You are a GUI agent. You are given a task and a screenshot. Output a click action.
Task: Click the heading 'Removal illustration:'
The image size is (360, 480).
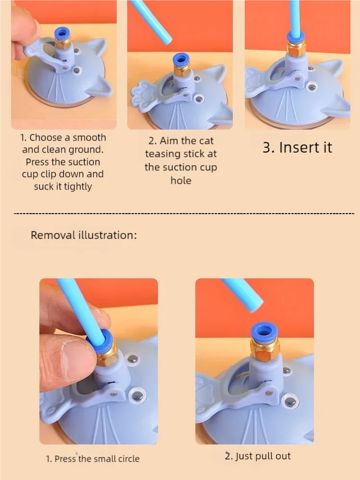click(84, 235)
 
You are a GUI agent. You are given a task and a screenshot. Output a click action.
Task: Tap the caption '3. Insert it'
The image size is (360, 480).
click(297, 147)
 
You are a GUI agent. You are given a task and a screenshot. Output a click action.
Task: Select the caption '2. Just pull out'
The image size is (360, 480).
click(258, 456)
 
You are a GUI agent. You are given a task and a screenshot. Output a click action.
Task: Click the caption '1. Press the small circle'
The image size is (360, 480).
click(93, 459)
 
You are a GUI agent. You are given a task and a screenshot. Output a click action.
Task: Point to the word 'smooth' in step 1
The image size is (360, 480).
click(89, 137)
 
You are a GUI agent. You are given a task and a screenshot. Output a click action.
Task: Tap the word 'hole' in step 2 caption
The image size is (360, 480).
click(180, 181)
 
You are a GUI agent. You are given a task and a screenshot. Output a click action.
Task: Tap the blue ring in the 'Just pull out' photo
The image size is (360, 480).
click(264, 332)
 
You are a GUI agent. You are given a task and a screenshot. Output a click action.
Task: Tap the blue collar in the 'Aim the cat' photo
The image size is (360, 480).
click(181, 60)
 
